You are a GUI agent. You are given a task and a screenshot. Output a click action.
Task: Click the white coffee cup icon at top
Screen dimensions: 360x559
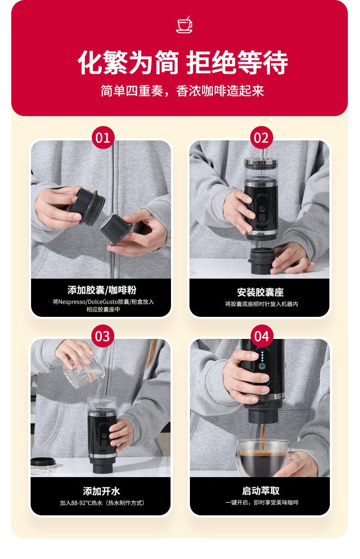184,25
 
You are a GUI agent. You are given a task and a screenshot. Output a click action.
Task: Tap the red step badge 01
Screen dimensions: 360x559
103,138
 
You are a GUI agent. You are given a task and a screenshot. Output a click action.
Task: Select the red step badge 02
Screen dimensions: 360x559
261,138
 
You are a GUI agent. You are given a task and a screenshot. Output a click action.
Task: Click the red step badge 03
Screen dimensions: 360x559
103,336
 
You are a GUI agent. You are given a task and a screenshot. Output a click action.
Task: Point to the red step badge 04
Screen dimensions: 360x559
262,336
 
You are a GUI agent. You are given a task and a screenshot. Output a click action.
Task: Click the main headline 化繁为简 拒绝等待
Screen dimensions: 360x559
183,62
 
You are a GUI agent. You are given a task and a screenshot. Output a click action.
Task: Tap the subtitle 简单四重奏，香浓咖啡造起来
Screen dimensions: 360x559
182,90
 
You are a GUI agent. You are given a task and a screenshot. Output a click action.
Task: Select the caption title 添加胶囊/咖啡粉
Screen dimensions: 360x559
102,290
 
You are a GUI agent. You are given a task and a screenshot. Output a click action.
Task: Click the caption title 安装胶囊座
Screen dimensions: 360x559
260,292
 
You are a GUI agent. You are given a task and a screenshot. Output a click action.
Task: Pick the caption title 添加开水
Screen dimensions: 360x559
102,491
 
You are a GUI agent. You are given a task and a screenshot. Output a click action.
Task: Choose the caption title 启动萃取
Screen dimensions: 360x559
261,491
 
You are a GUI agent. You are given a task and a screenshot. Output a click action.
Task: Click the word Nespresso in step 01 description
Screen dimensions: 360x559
72,302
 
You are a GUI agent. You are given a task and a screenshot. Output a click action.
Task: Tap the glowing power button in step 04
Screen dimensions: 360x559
262,366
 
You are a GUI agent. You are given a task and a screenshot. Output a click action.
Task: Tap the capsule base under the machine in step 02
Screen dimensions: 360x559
261,261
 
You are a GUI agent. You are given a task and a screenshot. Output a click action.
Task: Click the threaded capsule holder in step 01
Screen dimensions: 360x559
87,207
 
